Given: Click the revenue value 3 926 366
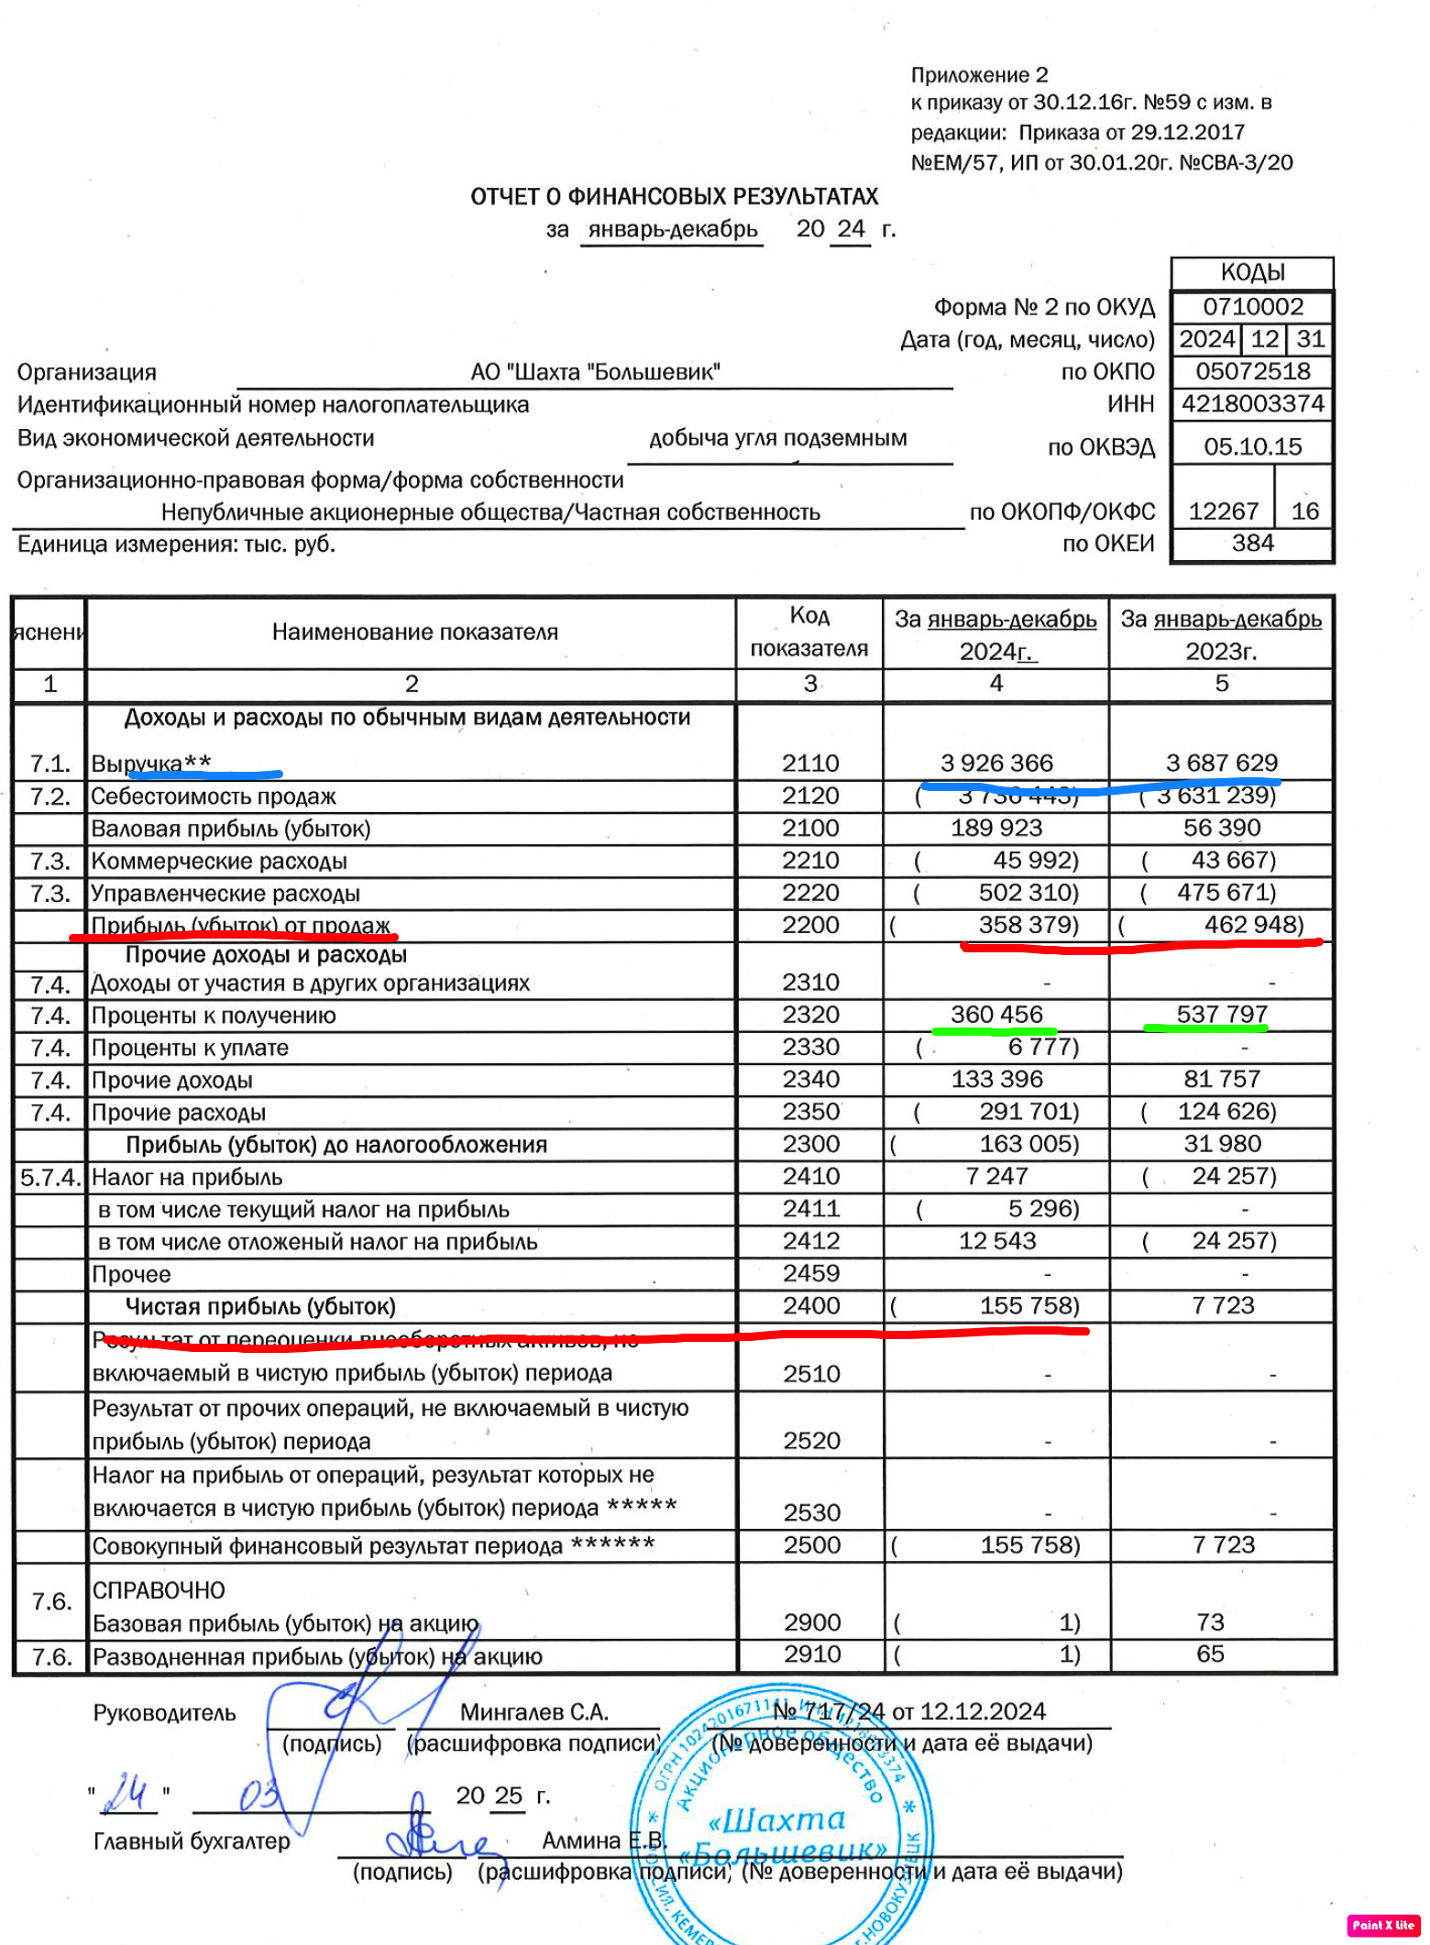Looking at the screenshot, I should click(x=996, y=763).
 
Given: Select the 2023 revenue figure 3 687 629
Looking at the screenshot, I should click(x=1221, y=763).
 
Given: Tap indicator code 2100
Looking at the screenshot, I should click(x=810, y=828).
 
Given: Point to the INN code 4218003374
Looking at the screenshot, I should click(x=1252, y=403).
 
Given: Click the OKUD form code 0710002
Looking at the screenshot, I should click(x=1252, y=306).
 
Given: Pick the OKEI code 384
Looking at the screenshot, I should click(x=1252, y=543).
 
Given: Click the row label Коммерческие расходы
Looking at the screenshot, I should click(x=219, y=861).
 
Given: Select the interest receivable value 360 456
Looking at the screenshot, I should click(x=996, y=1015).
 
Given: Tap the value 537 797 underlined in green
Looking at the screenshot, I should click(x=1222, y=1015).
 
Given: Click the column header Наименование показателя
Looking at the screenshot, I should click(x=414, y=632).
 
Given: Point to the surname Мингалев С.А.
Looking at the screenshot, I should click(x=534, y=1712).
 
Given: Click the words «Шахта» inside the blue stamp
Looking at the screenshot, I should click(x=777, y=1819).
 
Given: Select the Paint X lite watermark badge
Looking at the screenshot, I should click(x=1383, y=1925).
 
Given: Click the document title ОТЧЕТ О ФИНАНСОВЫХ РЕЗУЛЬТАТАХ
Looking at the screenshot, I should click(x=674, y=196).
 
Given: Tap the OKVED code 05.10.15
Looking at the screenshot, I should click(x=1252, y=446).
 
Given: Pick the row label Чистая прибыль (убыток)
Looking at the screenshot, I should click(x=260, y=1306).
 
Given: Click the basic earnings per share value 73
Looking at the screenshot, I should click(x=1210, y=1622).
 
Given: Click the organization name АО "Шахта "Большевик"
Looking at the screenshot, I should click(x=595, y=372).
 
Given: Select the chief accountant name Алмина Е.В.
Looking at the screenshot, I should click(x=603, y=1841).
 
